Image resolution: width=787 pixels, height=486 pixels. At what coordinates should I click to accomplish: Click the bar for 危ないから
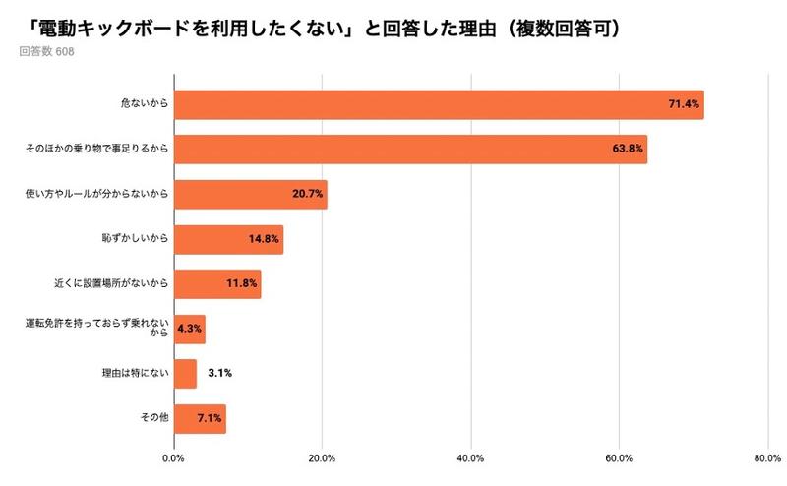(x=438, y=104)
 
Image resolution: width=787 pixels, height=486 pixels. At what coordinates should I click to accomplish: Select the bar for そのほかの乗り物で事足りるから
(x=410, y=150)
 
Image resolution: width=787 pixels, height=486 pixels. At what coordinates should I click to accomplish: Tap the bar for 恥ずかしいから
(x=228, y=239)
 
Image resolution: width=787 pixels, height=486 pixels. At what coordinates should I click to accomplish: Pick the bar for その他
(x=200, y=418)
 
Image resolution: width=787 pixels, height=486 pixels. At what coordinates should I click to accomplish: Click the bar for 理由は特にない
(x=185, y=374)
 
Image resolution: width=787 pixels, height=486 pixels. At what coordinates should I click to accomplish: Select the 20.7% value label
(x=308, y=195)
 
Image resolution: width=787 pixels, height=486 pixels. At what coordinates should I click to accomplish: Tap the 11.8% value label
(x=241, y=284)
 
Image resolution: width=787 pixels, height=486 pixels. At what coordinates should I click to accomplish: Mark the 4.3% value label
(x=189, y=330)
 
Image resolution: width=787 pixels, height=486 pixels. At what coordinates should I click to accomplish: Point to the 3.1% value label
(x=219, y=374)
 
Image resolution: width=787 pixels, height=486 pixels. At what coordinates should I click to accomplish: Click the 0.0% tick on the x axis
(x=173, y=457)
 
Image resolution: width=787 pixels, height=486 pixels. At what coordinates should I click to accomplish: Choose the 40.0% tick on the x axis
(x=470, y=457)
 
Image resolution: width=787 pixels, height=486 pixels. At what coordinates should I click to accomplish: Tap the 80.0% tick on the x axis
(x=767, y=457)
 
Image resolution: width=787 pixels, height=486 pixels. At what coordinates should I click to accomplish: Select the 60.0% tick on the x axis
(x=619, y=457)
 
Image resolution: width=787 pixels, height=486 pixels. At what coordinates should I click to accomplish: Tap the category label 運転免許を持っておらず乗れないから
(x=96, y=329)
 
